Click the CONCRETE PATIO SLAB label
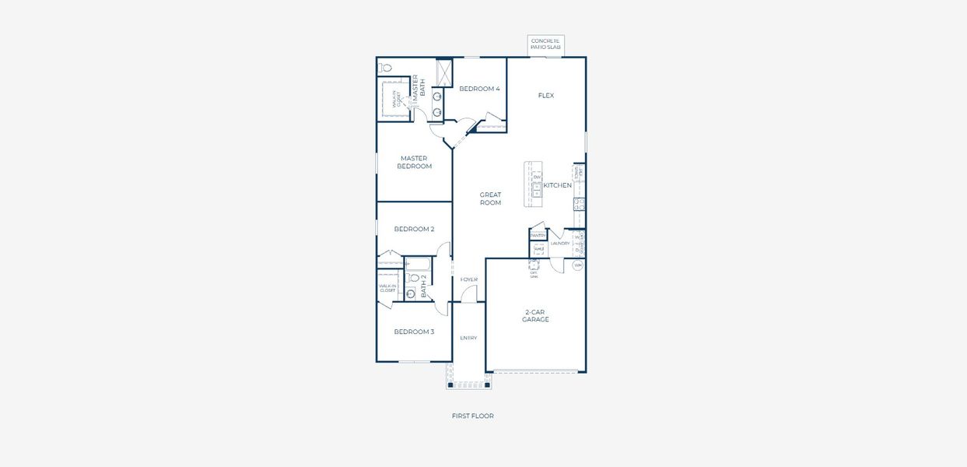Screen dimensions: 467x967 tap(545, 44)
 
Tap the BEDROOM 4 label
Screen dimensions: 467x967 tap(479, 89)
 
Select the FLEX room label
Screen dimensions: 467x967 tap(546, 96)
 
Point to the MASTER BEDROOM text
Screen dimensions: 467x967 tap(414, 163)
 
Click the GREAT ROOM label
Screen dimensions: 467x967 tap(490, 199)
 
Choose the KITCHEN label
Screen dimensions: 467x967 tap(557, 185)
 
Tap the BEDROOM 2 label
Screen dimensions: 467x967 tap(414, 229)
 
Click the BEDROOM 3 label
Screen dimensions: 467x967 tap(414, 332)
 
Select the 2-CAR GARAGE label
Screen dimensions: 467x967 tap(535, 315)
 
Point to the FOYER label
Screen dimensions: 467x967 tap(469, 279)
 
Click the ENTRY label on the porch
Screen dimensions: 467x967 tap(468, 338)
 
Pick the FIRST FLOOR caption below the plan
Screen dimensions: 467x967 tap(472, 416)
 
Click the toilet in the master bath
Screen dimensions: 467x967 tap(386, 68)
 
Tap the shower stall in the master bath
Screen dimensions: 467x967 tap(444, 73)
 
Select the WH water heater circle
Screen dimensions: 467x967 tap(577, 265)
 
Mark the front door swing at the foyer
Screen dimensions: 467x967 tap(468, 294)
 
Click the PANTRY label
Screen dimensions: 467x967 tap(538, 235)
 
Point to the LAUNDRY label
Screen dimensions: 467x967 tap(560, 244)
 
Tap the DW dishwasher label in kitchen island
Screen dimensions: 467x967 tap(537, 177)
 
